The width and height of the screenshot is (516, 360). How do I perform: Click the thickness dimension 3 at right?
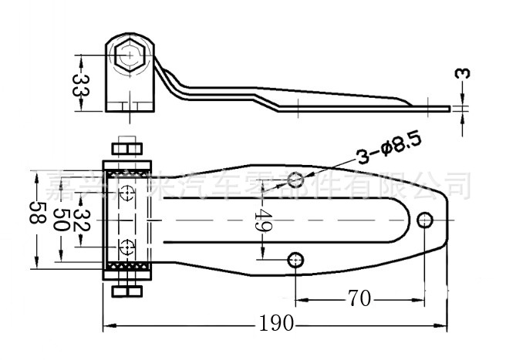coord(461,75)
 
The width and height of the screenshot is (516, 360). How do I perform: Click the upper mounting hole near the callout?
coord(295,180)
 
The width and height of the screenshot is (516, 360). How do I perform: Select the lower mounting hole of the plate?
coord(295,260)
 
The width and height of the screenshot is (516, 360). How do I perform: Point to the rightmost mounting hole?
coord(424,220)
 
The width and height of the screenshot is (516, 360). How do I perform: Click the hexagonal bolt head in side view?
coord(129,56)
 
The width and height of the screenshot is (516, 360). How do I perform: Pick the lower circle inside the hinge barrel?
coord(127,248)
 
